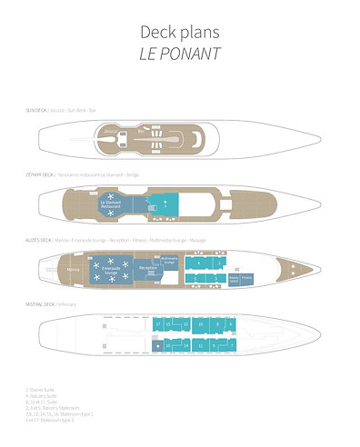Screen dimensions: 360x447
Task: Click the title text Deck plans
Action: pyautogui.click(x=180, y=32)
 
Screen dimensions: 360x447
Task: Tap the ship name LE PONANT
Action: pyautogui.click(x=180, y=53)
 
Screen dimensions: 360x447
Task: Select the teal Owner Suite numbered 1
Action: pyautogui.click(x=165, y=204)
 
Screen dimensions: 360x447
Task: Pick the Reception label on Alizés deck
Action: pyautogui.click(x=148, y=268)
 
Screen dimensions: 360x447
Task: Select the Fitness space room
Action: pyautogui.click(x=246, y=277)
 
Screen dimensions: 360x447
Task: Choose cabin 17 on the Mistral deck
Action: pyautogui.click(x=158, y=324)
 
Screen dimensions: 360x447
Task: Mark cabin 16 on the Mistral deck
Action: pyautogui.click(x=158, y=345)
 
